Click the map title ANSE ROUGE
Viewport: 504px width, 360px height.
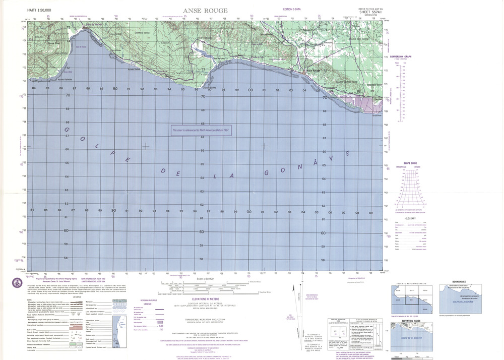click(208, 11)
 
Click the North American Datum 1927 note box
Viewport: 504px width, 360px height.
click(201, 130)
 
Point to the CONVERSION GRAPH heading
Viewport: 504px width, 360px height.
click(400, 56)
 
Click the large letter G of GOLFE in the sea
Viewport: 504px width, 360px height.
click(67, 131)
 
